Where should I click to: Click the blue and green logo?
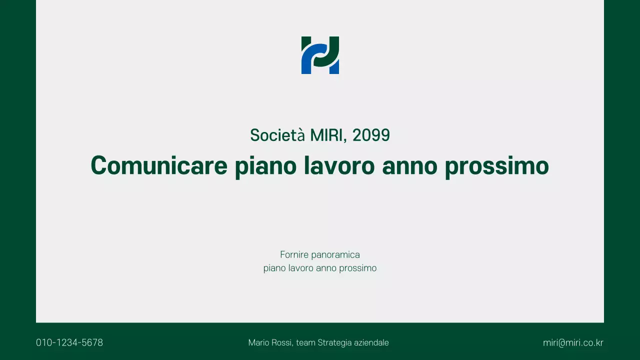[x=320, y=55]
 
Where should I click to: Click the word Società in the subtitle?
[x=277, y=135]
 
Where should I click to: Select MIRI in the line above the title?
[x=328, y=135]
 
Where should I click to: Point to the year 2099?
[x=371, y=135]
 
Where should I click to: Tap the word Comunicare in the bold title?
[x=159, y=165]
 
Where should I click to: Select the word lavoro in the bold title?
[x=339, y=165]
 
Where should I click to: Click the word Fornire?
[x=294, y=255]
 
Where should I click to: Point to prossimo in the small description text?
[x=357, y=268]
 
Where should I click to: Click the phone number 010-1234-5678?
[x=69, y=343]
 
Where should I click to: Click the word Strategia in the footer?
[x=334, y=343]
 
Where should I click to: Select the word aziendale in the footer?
[x=371, y=343]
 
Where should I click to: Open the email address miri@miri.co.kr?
[x=573, y=343]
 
